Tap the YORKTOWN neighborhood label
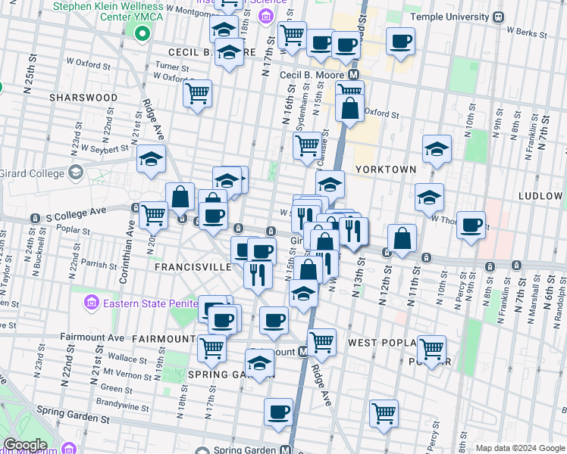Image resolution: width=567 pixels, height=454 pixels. point(386,169)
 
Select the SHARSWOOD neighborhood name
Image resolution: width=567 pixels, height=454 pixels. point(83,98)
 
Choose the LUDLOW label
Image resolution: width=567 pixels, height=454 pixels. point(540,195)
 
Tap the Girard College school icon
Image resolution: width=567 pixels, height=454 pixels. point(75,173)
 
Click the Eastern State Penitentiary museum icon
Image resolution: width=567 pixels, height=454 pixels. point(90,303)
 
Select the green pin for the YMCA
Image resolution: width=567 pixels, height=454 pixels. point(141,33)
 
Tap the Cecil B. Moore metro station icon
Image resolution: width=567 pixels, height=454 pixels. point(353,76)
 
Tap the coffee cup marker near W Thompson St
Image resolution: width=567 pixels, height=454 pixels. point(471,225)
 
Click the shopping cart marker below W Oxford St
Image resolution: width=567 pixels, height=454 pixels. point(197,95)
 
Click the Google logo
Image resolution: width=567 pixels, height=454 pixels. point(26,445)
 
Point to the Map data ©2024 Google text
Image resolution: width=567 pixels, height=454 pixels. point(520,448)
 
